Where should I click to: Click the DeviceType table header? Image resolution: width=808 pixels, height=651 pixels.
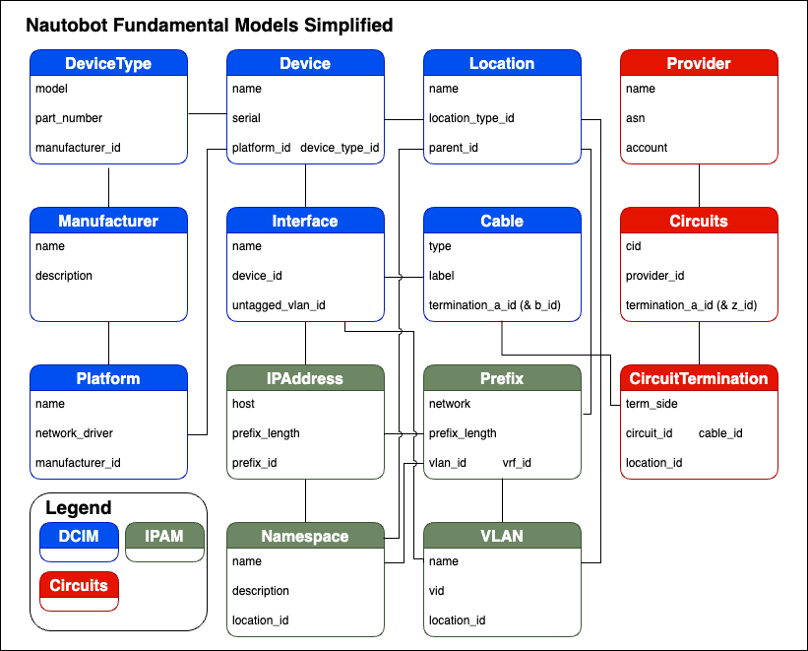pyautogui.click(x=108, y=63)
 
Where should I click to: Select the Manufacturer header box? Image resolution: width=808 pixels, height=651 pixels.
pyautogui.click(x=108, y=221)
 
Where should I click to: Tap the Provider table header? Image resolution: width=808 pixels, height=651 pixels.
pyautogui.click(x=699, y=63)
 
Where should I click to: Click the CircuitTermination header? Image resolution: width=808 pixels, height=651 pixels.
pyautogui.click(x=699, y=378)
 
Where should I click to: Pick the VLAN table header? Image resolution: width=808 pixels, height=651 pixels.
pyautogui.click(x=502, y=536)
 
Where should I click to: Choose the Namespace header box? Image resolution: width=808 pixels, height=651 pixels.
pyautogui.click(x=305, y=536)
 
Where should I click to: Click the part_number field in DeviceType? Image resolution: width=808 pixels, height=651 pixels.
pyautogui.click(x=69, y=118)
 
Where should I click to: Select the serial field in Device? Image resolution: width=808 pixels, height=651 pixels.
pyautogui.click(x=246, y=118)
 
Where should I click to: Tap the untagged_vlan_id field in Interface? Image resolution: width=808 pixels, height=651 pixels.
pyautogui.click(x=279, y=305)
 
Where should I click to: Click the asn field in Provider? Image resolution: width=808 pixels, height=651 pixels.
pyautogui.click(x=635, y=118)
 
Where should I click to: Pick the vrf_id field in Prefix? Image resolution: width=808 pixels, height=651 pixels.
pyautogui.click(x=517, y=463)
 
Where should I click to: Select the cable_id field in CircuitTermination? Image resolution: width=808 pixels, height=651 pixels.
pyautogui.click(x=720, y=433)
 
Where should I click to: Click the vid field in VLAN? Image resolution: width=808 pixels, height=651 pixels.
pyautogui.click(x=437, y=591)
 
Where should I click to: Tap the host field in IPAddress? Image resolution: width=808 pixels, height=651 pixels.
pyautogui.click(x=243, y=404)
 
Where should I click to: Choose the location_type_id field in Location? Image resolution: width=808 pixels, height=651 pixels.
pyautogui.click(x=472, y=118)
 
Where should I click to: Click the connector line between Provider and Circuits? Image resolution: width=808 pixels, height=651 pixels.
pyautogui.click(x=699, y=184)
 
